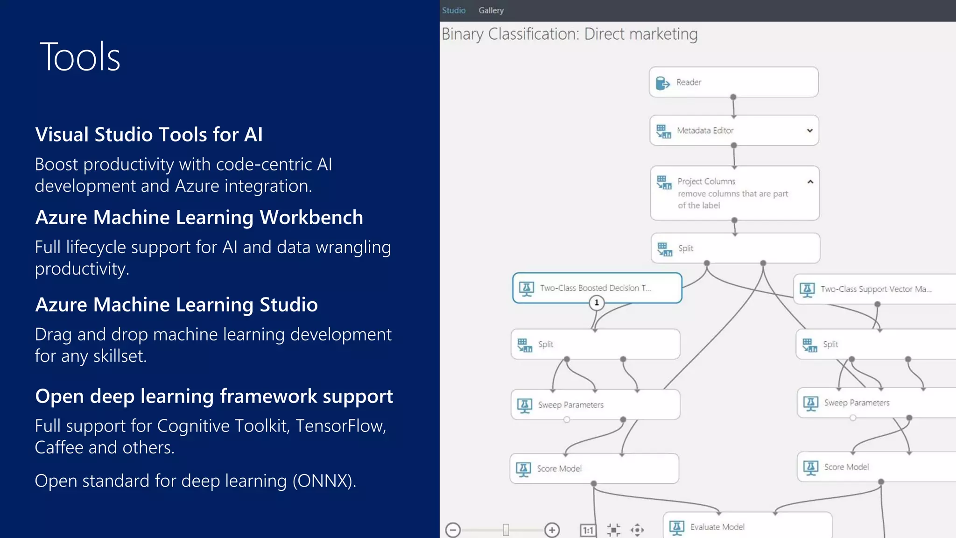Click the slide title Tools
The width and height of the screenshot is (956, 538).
pyautogui.click(x=80, y=57)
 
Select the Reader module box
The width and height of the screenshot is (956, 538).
pyautogui.click(x=733, y=82)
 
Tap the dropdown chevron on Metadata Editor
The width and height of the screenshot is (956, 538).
pyautogui.click(x=810, y=131)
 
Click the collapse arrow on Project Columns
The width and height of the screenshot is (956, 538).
pyautogui.click(x=810, y=182)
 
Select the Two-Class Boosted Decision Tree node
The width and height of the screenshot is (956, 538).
pyautogui.click(x=597, y=288)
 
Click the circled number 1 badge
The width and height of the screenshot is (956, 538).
pyautogui.click(x=597, y=303)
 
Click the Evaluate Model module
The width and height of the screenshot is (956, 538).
pyautogui.click(x=747, y=527)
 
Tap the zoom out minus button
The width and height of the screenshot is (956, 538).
pyautogui.click(x=453, y=530)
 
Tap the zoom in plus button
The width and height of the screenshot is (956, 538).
pyautogui.click(x=552, y=530)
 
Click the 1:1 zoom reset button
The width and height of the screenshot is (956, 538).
pyautogui.click(x=588, y=530)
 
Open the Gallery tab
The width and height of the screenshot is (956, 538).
pyautogui.click(x=491, y=10)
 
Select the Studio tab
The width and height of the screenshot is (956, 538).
pyautogui.click(x=454, y=10)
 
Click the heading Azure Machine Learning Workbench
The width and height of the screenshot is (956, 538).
pyautogui.click(x=199, y=218)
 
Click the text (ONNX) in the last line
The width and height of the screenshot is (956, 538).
pyautogui.click(x=324, y=481)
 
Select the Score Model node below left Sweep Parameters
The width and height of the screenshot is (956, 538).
pyautogui.click(x=594, y=468)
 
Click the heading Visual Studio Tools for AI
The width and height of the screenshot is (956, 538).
pyautogui.click(x=148, y=134)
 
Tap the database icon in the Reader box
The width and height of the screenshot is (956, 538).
pyautogui.click(x=662, y=83)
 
